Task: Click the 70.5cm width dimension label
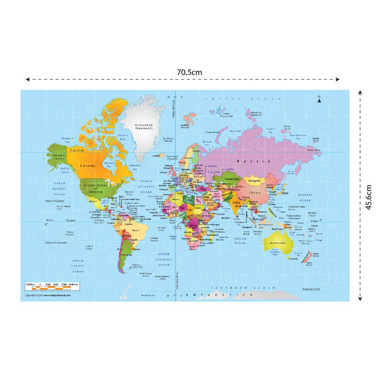point(190,72)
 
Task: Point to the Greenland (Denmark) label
point(143,127)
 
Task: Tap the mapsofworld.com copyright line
point(48,296)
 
